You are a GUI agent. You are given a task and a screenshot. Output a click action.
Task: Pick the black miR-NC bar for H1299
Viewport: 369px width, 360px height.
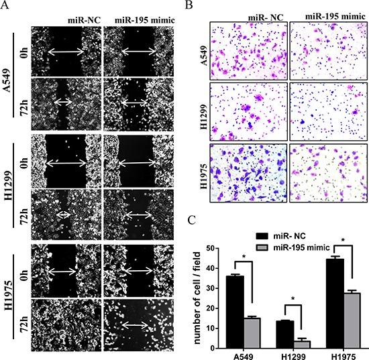tap(285, 334)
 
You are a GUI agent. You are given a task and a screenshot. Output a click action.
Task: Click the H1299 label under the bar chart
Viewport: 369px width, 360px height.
tap(293, 355)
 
